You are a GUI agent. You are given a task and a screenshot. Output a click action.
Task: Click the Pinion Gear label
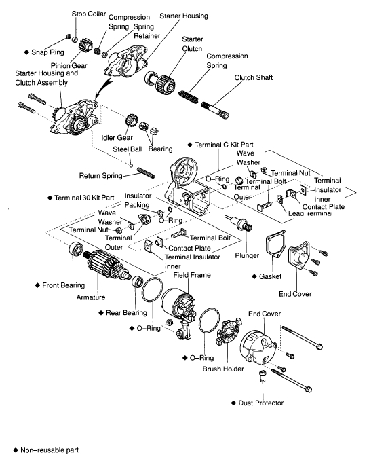(69, 66)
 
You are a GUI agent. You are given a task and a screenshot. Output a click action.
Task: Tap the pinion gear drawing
(85, 45)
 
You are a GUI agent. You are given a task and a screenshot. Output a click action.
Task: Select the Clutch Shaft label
(254, 77)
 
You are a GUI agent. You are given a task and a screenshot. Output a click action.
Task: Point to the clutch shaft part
(215, 109)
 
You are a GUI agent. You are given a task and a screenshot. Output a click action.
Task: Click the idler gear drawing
(132, 120)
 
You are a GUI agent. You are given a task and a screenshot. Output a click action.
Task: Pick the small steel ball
(131, 166)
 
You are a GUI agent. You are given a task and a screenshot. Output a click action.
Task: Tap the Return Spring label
(100, 175)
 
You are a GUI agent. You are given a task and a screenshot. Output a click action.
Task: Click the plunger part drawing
(239, 223)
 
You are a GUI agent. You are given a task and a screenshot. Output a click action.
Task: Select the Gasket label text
(270, 276)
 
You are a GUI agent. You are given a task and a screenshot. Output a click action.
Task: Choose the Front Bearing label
(64, 285)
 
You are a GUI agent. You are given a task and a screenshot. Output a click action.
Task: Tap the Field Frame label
(192, 275)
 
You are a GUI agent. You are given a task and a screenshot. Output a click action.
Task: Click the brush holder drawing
(229, 333)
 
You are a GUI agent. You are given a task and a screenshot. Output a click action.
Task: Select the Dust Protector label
(260, 403)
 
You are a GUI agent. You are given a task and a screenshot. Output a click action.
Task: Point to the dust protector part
(263, 376)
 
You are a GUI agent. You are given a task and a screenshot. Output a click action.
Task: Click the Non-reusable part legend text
(50, 450)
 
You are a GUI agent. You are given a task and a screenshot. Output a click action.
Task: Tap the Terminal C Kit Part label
(224, 145)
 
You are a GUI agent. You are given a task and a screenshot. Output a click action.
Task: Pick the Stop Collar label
(89, 14)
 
